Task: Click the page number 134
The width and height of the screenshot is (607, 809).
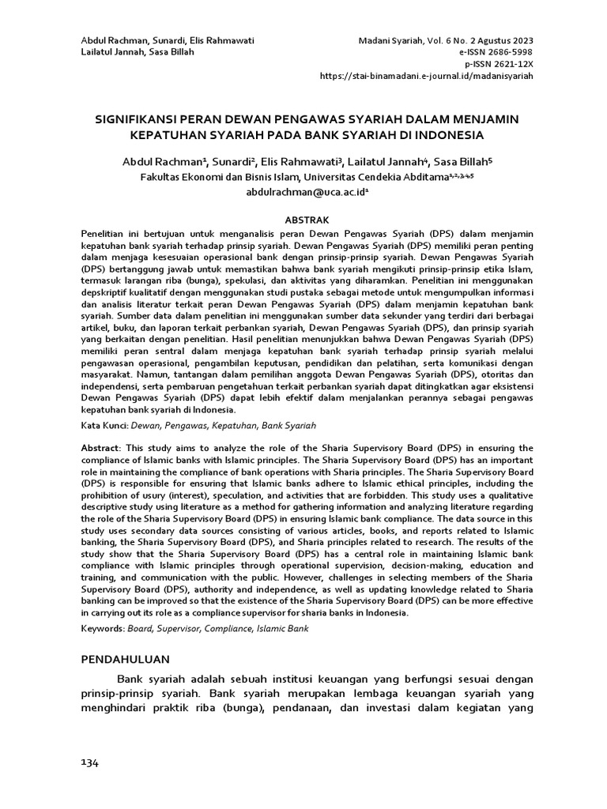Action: pos(89,762)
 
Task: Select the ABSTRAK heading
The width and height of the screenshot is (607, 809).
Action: pos(306,220)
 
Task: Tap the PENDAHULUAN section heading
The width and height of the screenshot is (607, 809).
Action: pos(126,659)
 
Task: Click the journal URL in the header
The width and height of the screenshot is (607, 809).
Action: pos(426,76)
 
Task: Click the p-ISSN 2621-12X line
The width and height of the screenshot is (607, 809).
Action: pos(499,64)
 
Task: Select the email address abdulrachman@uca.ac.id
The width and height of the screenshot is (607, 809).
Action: pos(303,192)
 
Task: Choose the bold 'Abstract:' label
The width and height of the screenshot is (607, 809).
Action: pos(102,448)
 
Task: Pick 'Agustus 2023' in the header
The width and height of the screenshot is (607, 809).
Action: pos(503,40)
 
